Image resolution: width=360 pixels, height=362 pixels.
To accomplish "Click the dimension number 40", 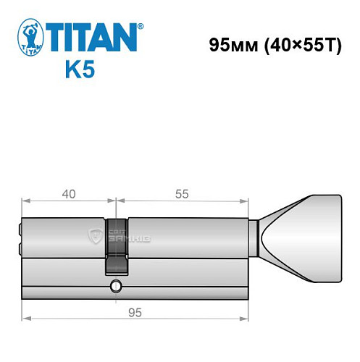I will (x=69, y=195).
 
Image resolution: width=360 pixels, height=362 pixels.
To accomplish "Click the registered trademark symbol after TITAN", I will (x=141, y=26).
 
